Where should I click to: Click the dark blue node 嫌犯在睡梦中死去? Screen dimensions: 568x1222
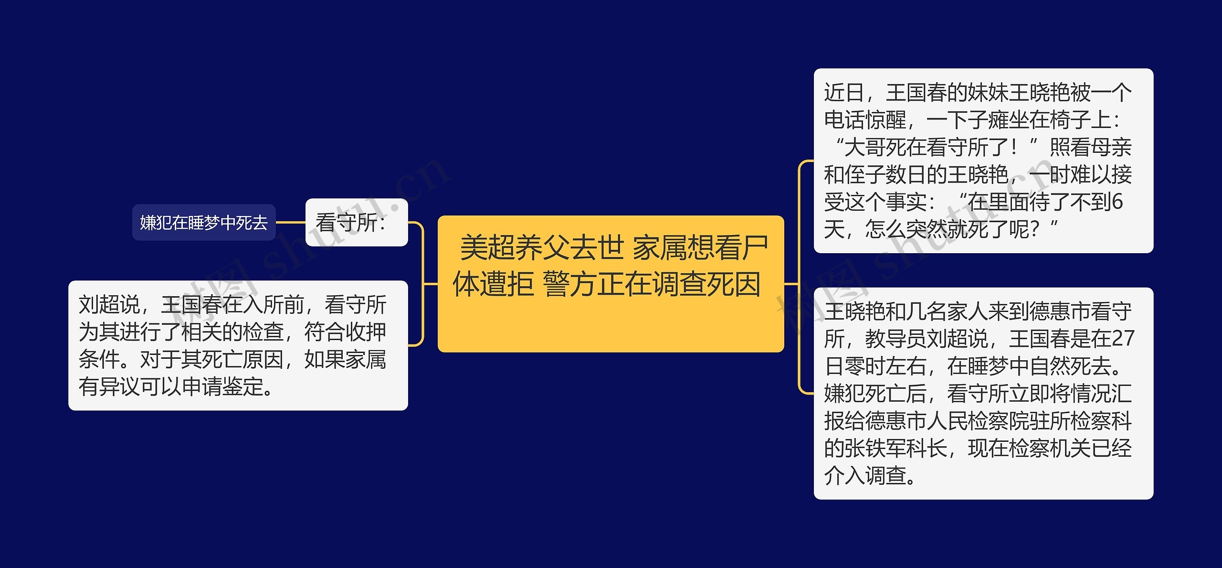(x=204, y=223)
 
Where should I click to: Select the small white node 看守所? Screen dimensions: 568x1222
(x=356, y=223)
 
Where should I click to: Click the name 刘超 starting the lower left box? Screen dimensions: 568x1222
(x=99, y=305)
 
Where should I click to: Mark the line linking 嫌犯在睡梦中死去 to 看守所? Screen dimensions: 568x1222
(x=290, y=223)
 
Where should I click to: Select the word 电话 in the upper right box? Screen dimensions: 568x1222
(x=844, y=120)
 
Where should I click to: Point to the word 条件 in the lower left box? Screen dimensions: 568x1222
(x=99, y=360)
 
